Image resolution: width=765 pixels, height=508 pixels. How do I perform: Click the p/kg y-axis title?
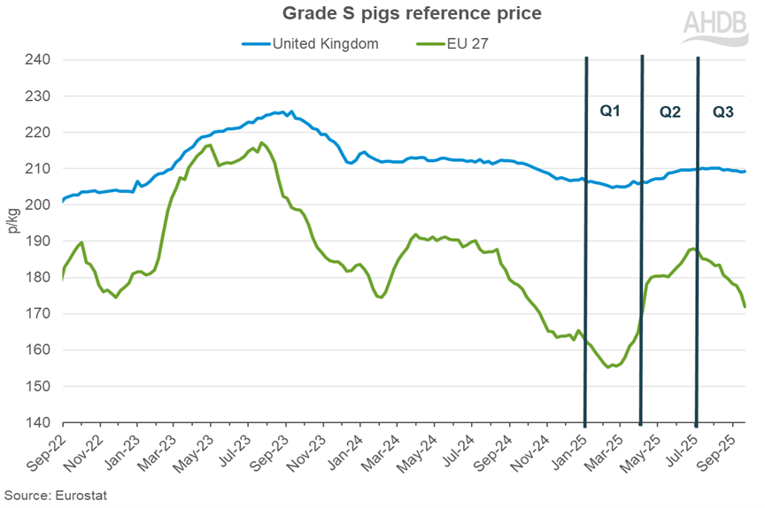12,242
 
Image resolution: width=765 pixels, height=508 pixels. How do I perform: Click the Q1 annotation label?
610,112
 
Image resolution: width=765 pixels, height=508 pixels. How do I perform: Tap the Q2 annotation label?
669,112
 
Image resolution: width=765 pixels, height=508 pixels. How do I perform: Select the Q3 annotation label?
723,112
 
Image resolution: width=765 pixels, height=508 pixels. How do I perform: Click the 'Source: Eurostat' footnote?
56,495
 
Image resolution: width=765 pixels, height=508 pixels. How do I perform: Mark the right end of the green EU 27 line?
746,307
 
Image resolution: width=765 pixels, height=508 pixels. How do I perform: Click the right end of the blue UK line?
746,172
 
